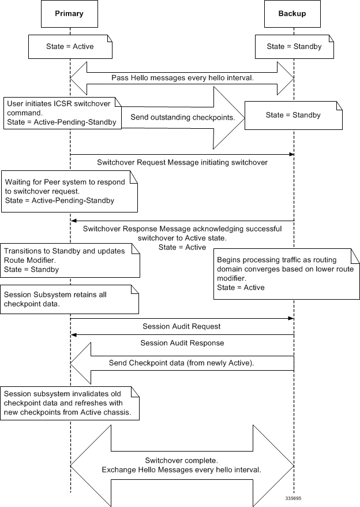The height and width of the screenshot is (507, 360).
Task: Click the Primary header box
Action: [x=69, y=14]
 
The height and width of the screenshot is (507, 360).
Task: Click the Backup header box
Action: [x=292, y=14]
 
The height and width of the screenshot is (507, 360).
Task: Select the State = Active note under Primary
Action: [x=70, y=47]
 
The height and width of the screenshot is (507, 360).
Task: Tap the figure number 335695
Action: [x=293, y=498]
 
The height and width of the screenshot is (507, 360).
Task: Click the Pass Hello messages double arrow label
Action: [x=182, y=77]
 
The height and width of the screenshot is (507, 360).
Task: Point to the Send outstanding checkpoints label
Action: [x=183, y=117]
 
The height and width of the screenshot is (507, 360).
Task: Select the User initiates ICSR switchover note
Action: [x=62, y=113]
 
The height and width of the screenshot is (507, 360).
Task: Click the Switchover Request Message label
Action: [x=182, y=162]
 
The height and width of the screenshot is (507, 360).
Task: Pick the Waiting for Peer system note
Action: [x=69, y=191]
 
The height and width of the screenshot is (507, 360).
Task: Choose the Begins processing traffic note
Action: [x=287, y=274]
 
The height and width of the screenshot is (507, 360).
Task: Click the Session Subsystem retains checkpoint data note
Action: [x=69, y=299]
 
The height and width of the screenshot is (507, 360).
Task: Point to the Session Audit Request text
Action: [x=182, y=326]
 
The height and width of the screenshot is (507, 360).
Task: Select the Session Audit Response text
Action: [x=182, y=343]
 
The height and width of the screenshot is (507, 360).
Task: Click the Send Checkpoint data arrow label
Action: [x=181, y=363]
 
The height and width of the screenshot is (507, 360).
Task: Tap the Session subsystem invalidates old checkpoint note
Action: [x=70, y=403]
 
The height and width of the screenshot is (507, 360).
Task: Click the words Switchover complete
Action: [x=182, y=460]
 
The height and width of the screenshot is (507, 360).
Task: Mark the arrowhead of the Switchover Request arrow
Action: [x=291, y=155]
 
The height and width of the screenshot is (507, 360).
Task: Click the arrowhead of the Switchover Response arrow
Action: [x=73, y=221]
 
